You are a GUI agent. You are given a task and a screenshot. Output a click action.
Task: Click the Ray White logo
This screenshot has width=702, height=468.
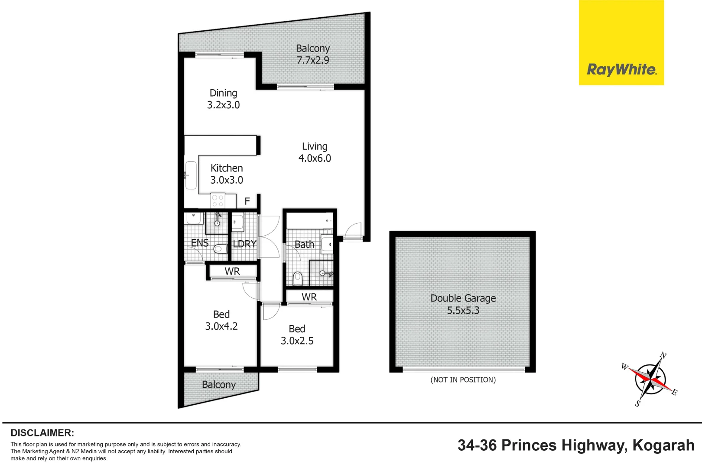click(x=621, y=69)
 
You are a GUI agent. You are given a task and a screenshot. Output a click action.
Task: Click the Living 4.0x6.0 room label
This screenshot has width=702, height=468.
click(x=315, y=153)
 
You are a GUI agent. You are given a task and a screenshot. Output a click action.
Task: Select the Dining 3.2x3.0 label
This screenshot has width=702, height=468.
click(x=223, y=99)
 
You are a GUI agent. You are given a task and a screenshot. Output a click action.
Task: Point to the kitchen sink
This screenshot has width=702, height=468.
click(x=191, y=175)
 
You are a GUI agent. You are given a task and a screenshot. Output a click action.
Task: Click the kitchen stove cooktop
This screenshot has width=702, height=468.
click(x=217, y=201)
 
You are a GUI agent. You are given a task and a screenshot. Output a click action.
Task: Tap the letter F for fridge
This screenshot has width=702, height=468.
click(x=247, y=201)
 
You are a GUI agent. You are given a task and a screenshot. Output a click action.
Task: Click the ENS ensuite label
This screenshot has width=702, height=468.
click(x=200, y=243)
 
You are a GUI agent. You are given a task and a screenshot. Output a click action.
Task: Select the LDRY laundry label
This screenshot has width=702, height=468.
click(x=244, y=244)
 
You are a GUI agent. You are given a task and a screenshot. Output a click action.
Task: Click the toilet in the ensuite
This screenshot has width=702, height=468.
click(x=220, y=249)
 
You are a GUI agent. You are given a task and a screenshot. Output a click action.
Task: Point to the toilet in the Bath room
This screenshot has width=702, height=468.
click(x=297, y=278)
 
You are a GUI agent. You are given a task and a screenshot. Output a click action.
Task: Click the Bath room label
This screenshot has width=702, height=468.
click(x=304, y=244)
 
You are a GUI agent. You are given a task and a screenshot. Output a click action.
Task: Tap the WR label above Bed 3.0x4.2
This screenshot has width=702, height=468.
click(x=232, y=272)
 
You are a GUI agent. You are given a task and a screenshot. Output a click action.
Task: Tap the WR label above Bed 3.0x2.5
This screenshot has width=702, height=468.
click(x=309, y=297)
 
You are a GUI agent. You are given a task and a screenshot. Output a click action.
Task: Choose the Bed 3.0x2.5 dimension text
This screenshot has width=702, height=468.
click(x=297, y=341)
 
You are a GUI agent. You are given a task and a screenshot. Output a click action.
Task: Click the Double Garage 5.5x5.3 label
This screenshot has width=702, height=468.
click(x=463, y=304)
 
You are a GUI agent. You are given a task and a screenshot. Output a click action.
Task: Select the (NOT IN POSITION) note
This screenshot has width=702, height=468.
click(x=463, y=380)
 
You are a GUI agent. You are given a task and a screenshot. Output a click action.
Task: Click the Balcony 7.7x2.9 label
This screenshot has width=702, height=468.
click(x=313, y=54)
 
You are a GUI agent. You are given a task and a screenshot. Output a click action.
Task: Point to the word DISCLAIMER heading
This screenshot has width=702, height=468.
click(x=42, y=433)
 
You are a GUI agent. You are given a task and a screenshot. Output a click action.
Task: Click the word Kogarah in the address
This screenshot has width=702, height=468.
click(x=663, y=445)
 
